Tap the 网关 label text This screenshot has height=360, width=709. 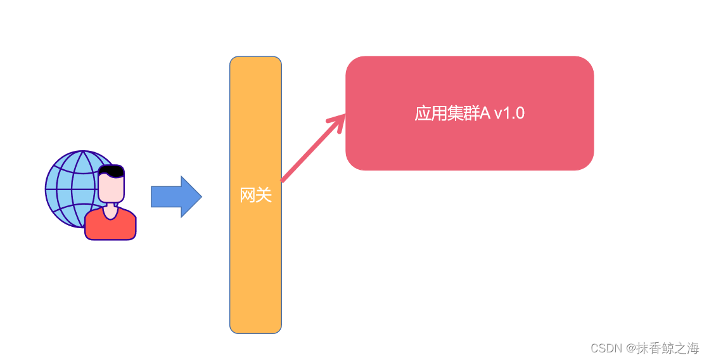255,196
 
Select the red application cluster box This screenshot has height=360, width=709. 469,146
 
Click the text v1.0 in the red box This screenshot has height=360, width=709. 509,113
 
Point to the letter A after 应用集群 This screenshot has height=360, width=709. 485,113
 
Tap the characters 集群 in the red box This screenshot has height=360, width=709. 462,113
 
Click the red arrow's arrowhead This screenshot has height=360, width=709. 339,120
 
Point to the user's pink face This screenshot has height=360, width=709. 111,188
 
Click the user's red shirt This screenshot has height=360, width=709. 110,228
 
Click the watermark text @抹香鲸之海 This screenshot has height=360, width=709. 663,348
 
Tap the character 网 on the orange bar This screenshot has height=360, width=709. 248,196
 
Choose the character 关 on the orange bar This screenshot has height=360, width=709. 264,196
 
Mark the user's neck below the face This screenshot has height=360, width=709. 111,209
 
